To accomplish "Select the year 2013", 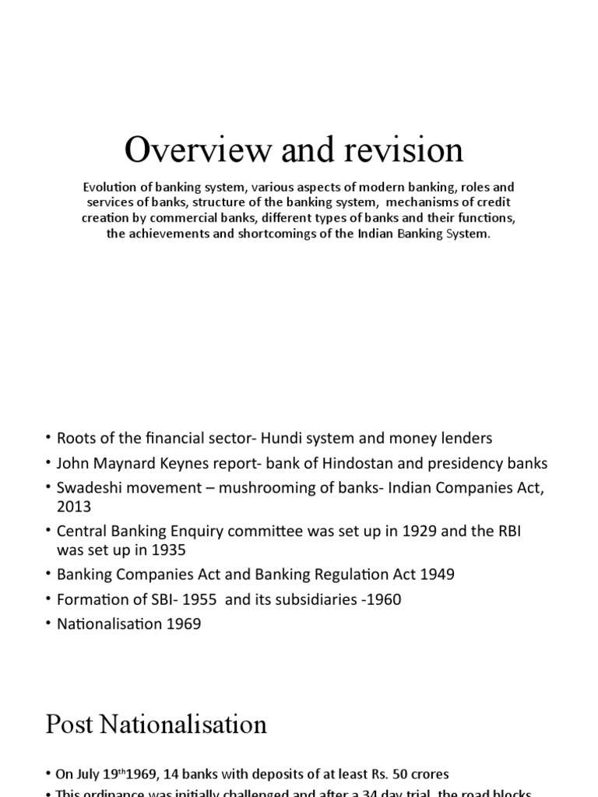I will (72, 506).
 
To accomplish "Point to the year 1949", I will (438, 574).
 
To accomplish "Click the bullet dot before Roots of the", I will (48, 439).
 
